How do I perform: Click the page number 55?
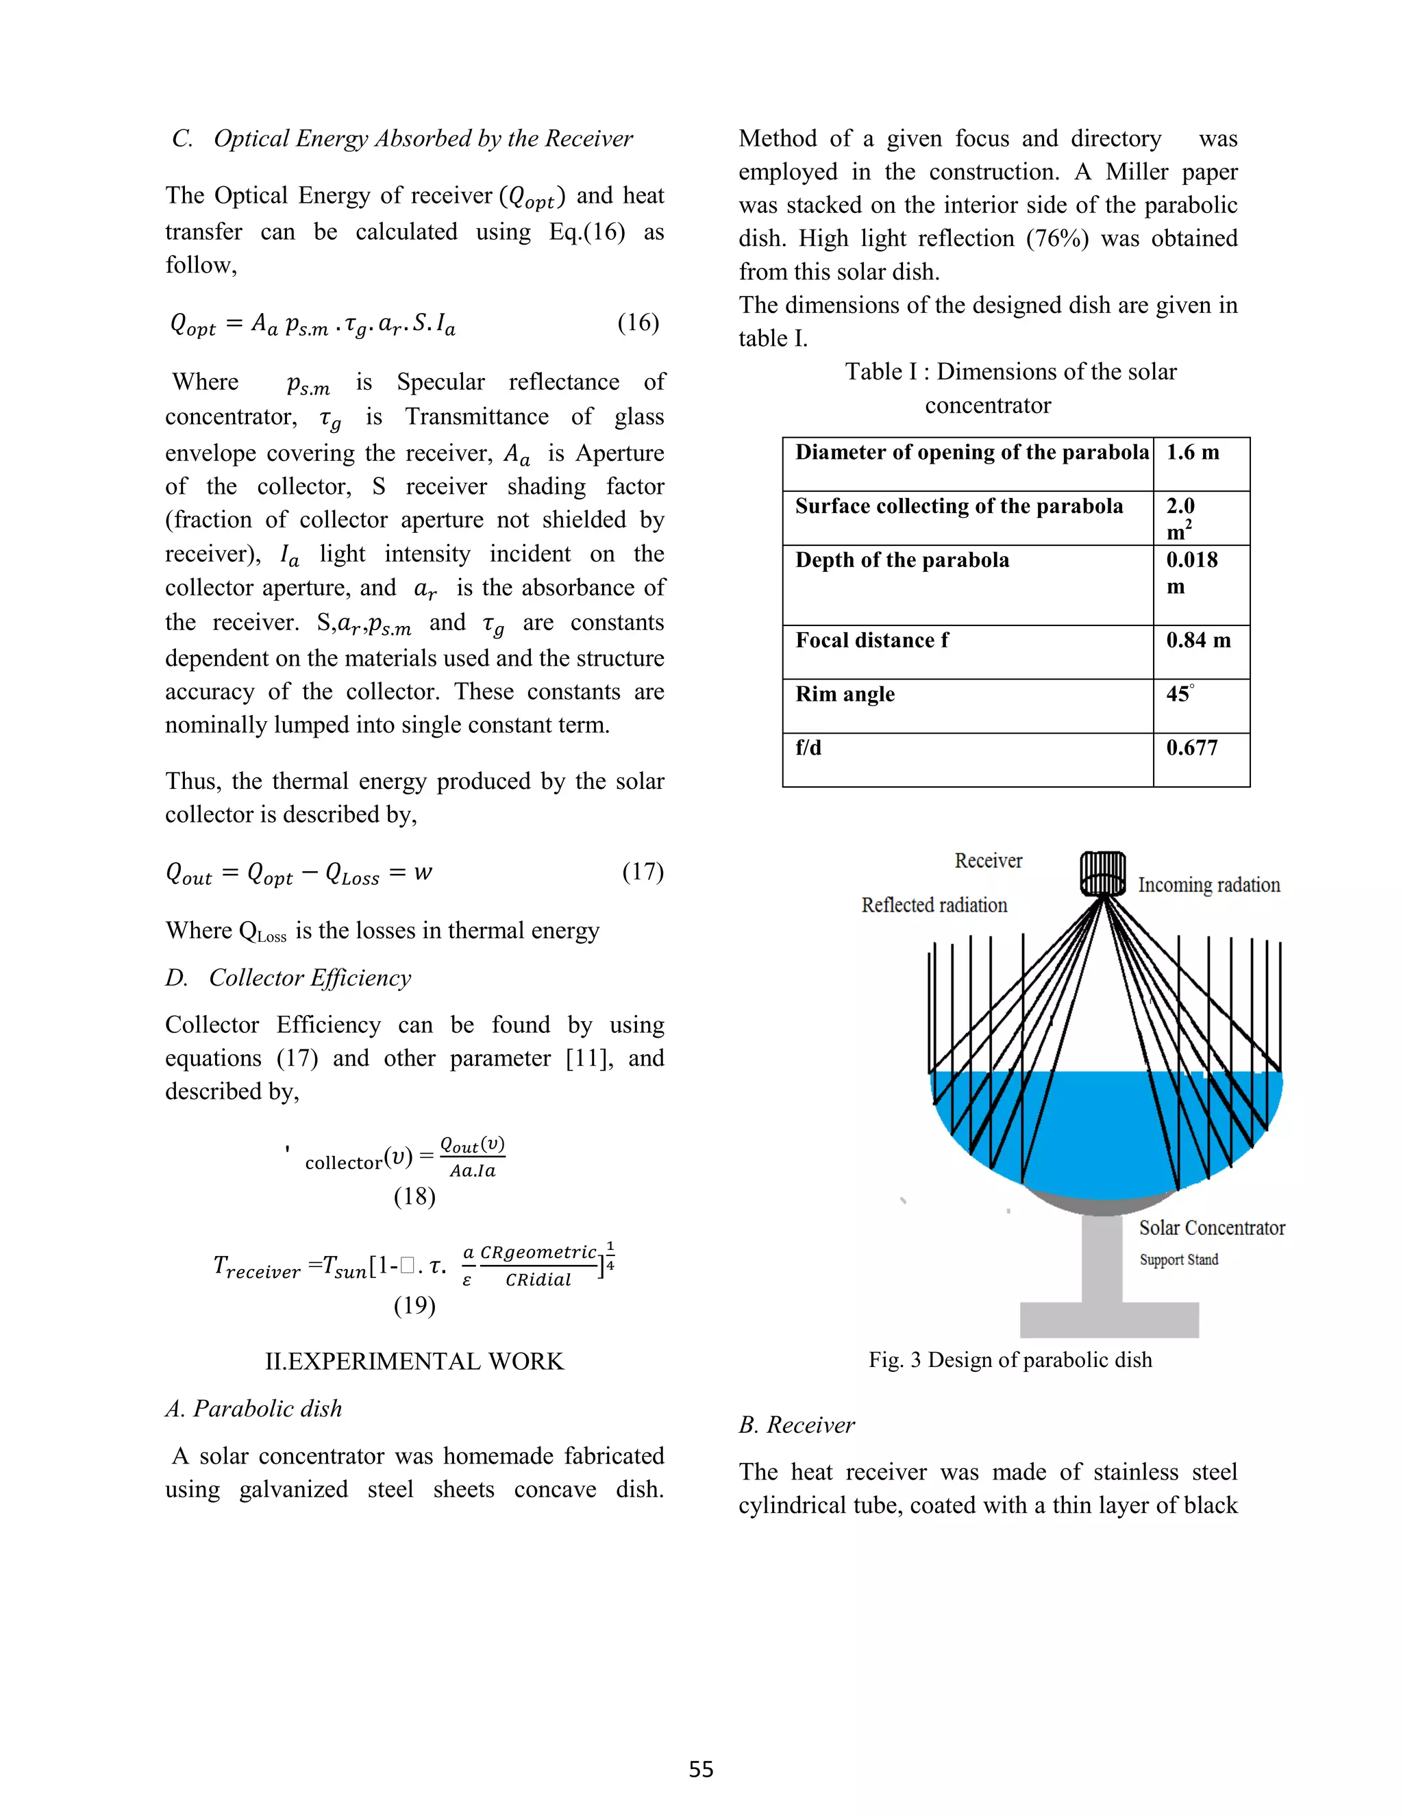click(x=701, y=1768)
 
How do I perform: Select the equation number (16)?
click(x=638, y=323)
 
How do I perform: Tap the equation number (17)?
click(x=643, y=872)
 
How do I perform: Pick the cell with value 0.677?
click(x=1192, y=748)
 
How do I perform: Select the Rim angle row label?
click(x=845, y=694)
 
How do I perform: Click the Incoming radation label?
click(x=1208, y=885)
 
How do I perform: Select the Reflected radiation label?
click(x=934, y=905)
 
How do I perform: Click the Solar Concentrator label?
click(x=1211, y=1228)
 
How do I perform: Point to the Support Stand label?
click(x=1178, y=1260)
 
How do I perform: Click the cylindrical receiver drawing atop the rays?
click(x=1102, y=873)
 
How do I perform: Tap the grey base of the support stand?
click(x=1109, y=1320)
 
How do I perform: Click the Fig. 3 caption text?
click(x=1010, y=1360)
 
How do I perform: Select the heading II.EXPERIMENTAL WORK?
click(x=414, y=1362)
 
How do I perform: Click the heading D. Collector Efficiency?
click(x=288, y=978)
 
